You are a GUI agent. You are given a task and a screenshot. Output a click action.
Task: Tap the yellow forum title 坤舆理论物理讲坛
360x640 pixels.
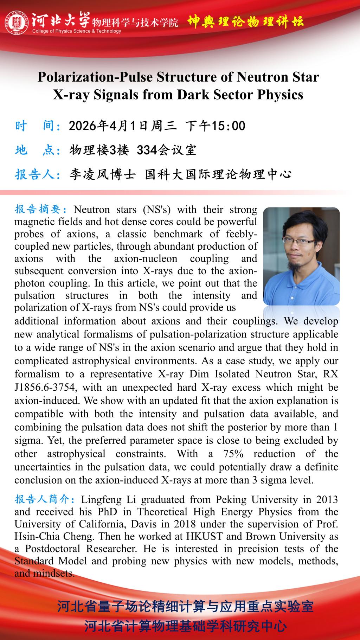(x=245, y=22)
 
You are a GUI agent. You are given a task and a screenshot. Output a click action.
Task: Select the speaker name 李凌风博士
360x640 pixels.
(x=102, y=174)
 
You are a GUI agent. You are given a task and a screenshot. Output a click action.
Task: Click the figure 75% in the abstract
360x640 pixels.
(x=233, y=454)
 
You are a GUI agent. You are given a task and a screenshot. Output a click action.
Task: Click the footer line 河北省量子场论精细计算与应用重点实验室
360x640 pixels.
(x=185, y=607)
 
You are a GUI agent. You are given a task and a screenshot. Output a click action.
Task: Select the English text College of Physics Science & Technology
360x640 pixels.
(x=77, y=31)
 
